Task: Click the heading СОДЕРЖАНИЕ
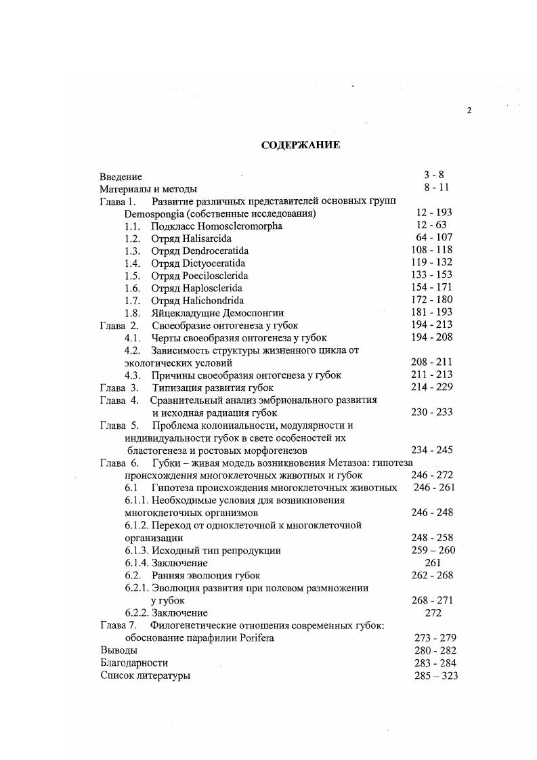click(301, 145)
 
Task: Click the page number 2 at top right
click(468, 112)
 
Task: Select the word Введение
click(121, 176)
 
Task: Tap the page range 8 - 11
click(434, 188)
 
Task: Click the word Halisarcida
click(202, 238)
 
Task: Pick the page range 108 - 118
click(432, 251)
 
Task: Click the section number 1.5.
click(132, 276)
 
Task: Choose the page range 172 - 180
click(432, 301)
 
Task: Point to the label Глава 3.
click(119, 387)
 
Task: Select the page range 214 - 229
click(432, 387)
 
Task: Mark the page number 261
click(433, 563)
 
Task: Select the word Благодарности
click(133, 663)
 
